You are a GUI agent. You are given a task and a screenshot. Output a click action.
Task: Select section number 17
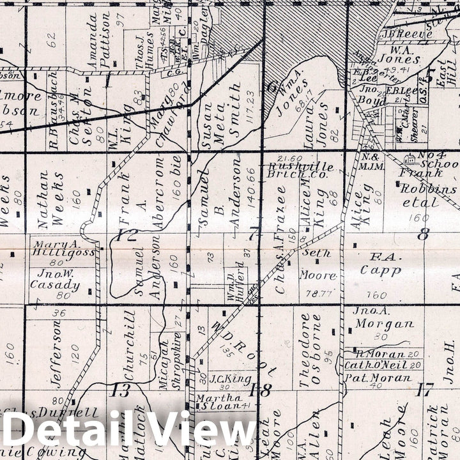pos(425,388)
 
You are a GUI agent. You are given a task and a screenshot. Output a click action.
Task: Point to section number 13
pos(120,390)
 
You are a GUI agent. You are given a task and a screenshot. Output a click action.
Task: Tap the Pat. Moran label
pos(378,378)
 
